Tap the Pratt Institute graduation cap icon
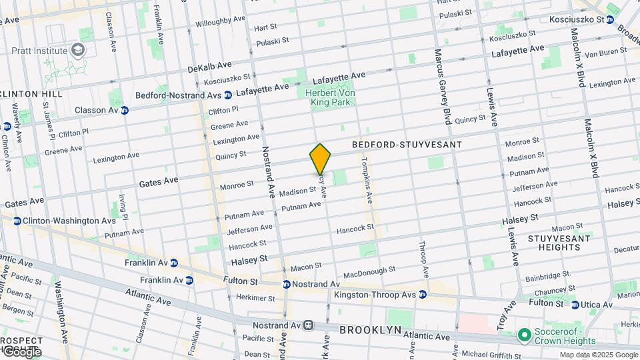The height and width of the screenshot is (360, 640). [x=78, y=51]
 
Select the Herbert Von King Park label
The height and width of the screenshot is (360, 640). [x=330, y=97]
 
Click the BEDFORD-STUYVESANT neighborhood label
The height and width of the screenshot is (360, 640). [x=407, y=145]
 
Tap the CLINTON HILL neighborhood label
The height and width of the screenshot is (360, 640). [x=31, y=94]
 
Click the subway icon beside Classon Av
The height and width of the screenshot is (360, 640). [x=125, y=110]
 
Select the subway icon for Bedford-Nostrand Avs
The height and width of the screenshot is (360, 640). [x=228, y=95]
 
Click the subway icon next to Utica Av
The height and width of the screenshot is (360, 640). [x=575, y=305]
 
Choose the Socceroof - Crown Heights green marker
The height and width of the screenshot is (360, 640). [x=524, y=334]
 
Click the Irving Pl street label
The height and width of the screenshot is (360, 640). [x=123, y=207]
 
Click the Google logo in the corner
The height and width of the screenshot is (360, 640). [x=21, y=351]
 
